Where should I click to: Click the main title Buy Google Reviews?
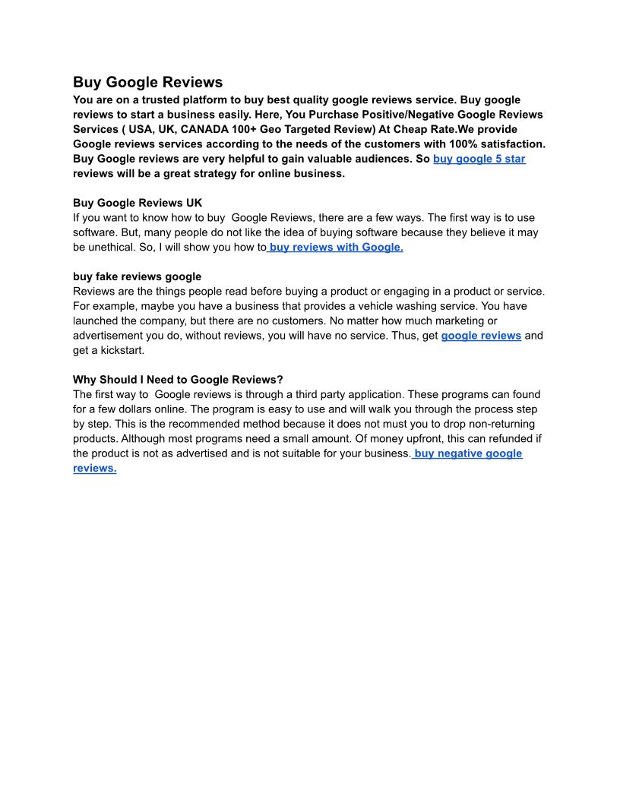[x=147, y=82]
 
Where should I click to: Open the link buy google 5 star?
[x=479, y=159]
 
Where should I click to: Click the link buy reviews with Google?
[x=335, y=247]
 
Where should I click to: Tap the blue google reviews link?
[x=481, y=336]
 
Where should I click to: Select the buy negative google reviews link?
[x=468, y=453]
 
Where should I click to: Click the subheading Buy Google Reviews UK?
[x=138, y=203]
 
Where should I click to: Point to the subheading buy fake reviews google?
[x=137, y=276]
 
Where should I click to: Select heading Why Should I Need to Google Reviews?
[x=178, y=380]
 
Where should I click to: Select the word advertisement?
[x=108, y=336]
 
